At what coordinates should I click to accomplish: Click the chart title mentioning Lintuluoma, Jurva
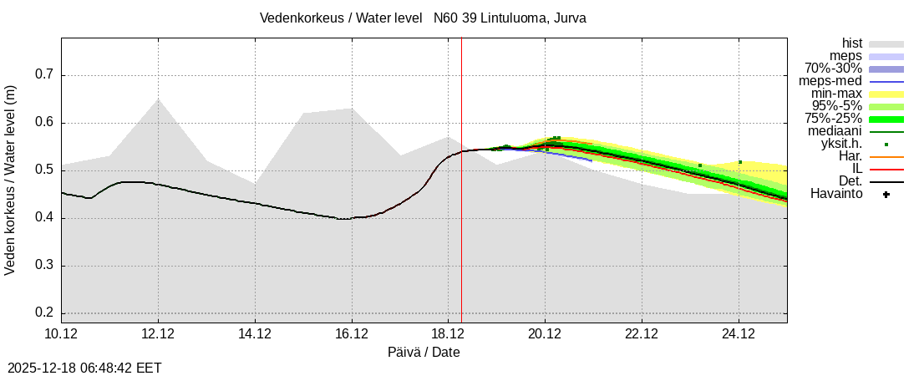click(423, 18)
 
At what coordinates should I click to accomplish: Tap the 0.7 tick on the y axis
click(43, 75)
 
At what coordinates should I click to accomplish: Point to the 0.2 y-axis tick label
click(43, 313)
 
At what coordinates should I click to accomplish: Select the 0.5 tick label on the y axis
click(43, 170)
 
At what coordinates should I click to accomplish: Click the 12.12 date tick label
click(158, 334)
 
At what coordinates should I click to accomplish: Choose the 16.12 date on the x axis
click(352, 334)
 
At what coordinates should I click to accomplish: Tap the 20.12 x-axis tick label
click(545, 334)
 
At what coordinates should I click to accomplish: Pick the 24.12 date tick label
click(739, 334)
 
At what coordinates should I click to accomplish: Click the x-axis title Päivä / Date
click(424, 353)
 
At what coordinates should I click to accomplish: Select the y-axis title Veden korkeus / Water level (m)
click(11, 180)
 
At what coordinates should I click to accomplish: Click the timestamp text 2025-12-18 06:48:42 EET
click(84, 368)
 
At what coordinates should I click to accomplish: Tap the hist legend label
click(851, 43)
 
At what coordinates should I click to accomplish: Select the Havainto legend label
click(836, 194)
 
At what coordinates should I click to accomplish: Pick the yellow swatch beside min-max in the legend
click(886, 94)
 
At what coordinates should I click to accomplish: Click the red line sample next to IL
click(886, 170)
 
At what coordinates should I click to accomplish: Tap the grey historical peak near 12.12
click(158, 99)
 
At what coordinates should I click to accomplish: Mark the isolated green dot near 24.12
click(740, 162)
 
